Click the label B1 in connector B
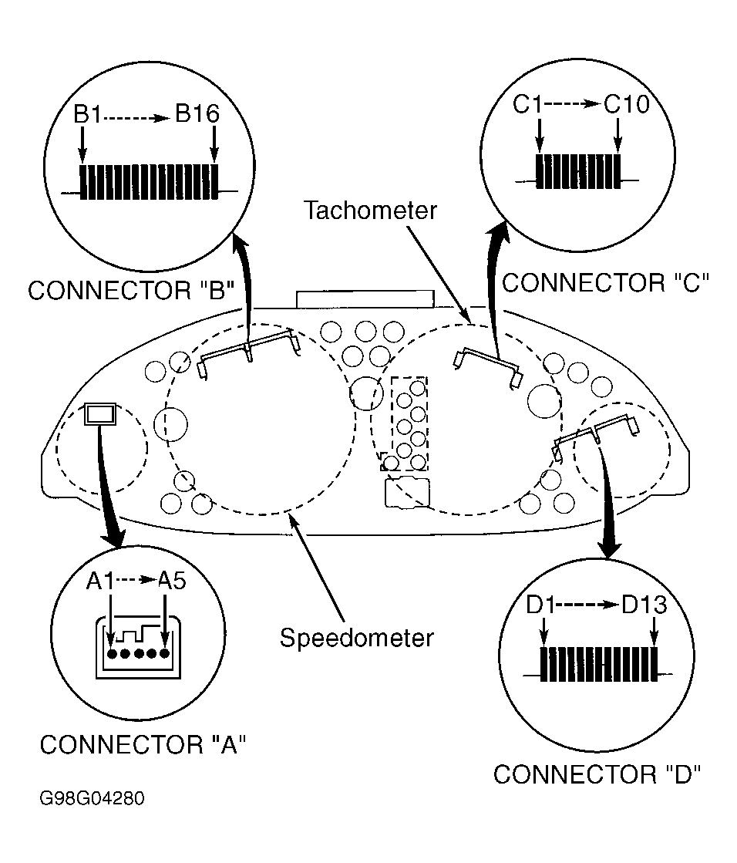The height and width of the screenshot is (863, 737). tap(87, 114)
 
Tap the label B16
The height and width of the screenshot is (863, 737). tap(197, 113)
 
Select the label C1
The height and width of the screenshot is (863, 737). tap(527, 104)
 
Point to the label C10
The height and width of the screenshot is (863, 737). tap(627, 103)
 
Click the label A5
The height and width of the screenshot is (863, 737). tap(172, 581)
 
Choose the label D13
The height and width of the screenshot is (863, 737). tap(644, 605)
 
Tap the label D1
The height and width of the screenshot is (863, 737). tap(540, 605)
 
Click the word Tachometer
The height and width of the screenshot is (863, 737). tap(370, 211)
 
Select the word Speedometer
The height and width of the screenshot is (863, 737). tap(356, 638)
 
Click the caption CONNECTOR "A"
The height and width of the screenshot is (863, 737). tap(143, 745)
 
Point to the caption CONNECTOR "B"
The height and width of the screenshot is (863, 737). tap(131, 290)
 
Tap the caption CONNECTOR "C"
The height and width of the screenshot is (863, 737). tap(605, 283)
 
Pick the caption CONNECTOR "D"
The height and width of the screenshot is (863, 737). tap(597, 774)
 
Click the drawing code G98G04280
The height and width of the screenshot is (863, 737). tap(92, 798)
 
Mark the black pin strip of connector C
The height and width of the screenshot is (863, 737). tap(577, 171)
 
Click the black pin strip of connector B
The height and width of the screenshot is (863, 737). tap(149, 182)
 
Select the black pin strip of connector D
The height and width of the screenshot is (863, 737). tap(599, 664)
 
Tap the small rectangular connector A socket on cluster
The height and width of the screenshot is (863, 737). tap(100, 414)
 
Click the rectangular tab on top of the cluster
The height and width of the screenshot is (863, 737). tap(365, 299)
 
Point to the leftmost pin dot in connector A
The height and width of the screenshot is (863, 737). tap(113, 654)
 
